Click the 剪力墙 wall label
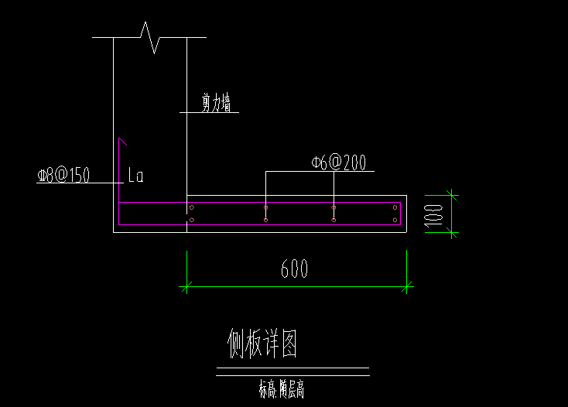[216, 104]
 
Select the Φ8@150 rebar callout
[64, 176]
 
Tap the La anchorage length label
[135, 176]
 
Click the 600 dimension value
[294, 268]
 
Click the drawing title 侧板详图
[262, 343]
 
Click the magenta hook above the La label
[122, 142]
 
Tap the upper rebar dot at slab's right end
[395, 207]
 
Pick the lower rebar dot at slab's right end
[395, 221]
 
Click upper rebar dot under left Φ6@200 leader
[265, 207]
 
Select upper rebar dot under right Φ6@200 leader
[334, 207]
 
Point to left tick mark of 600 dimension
[186, 287]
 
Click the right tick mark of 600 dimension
[407, 287]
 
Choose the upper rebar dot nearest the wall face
[191, 207]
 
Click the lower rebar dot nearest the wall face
[191, 221]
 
